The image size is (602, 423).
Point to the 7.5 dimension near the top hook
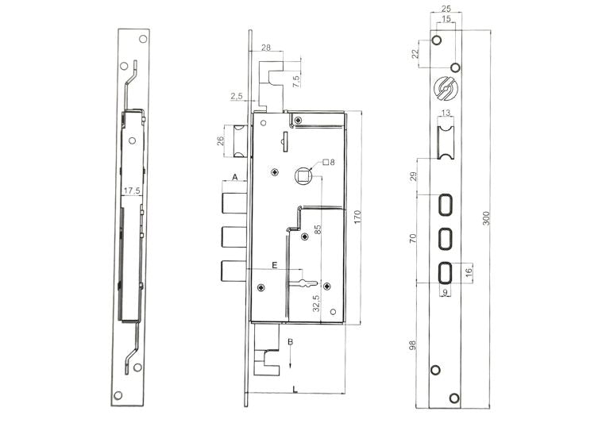pos(295,79)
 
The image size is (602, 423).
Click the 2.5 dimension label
pos(237,96)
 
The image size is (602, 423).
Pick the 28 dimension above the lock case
pos(265,48)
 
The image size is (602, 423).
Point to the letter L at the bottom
pos(295,387)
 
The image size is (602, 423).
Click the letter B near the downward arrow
pos(291,341)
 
